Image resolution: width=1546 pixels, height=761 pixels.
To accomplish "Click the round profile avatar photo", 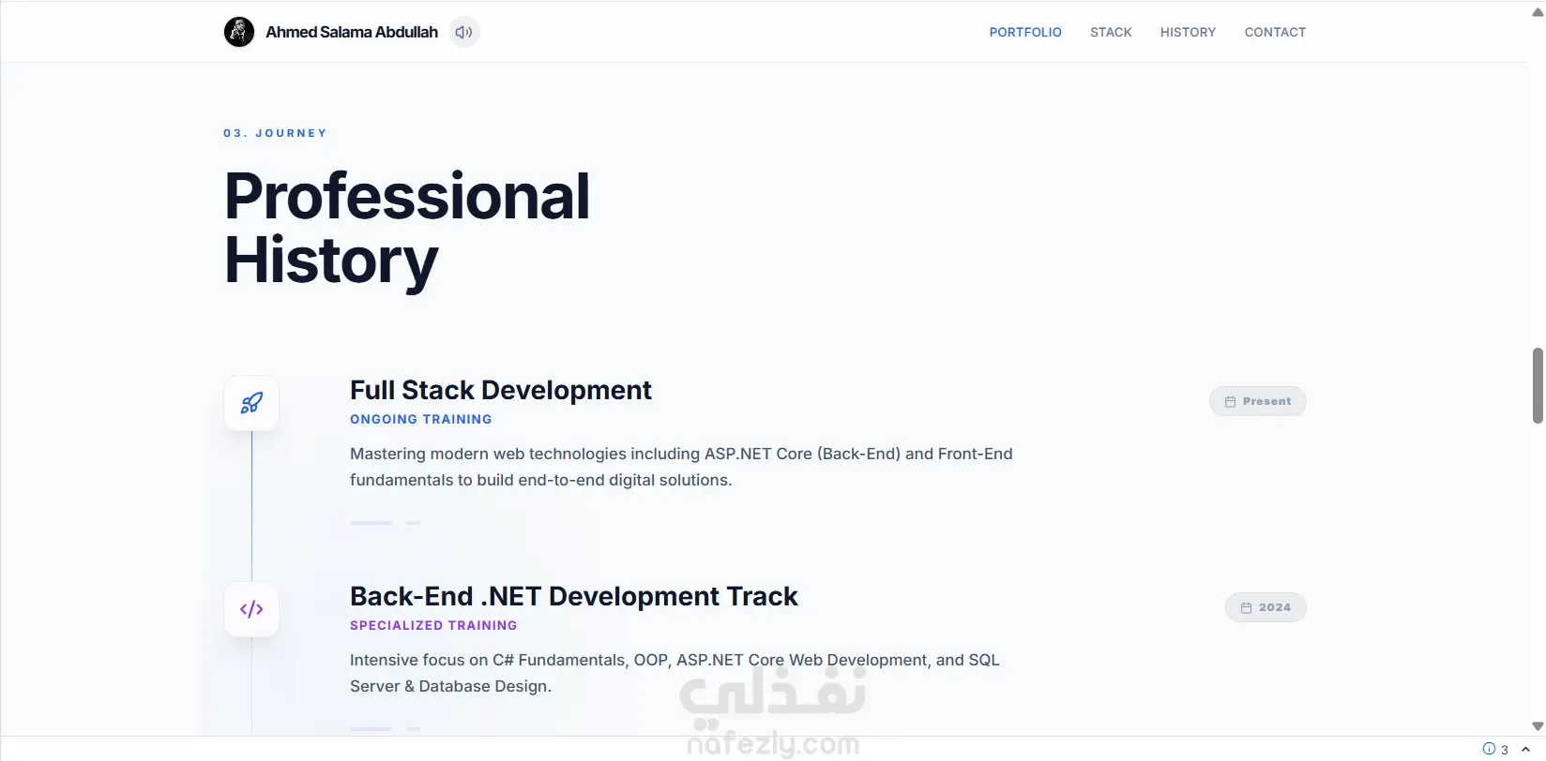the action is click(x=239, y=32).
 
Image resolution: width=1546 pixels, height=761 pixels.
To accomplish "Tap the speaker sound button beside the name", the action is click(x=463, y=32).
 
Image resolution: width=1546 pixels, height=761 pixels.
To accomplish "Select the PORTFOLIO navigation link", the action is click(x=1025, y=33).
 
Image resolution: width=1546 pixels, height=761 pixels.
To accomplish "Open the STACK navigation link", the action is click(x=1111, y=33).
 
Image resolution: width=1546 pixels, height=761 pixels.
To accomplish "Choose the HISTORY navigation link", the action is click(x=1187, y=33).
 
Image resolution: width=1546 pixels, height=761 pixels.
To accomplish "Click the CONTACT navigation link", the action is click(x=1275, y=33).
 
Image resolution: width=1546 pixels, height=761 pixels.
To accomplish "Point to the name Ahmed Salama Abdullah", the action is click(x=351, y=33).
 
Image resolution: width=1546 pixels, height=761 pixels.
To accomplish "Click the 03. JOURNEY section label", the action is click(x=275, y=133).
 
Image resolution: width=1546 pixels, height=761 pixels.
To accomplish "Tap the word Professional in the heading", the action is click(x=406, y=197).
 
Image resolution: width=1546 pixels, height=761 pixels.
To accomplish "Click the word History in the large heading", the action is click(x=330, y=261).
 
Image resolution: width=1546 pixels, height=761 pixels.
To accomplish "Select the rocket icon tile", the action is click(x=251, y=403).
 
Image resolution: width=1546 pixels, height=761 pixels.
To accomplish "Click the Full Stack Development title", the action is click(x=500, y=390).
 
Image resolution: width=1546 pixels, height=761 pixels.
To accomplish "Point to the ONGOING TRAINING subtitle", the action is click(x=420, y=419).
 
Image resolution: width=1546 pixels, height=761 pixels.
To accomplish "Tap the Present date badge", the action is click(x=1257, y=401).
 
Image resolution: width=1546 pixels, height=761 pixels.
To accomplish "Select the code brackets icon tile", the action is click(x=251, y=609).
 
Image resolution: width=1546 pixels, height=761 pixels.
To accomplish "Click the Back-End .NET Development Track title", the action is click(x=573, y=596).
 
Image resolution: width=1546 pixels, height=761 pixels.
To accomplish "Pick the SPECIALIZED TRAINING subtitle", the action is click(x=433, y=625).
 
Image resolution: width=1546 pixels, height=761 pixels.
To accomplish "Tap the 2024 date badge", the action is click(x=1266, y=607).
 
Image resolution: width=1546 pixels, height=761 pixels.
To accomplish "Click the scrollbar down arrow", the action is click(x=1537, y=725).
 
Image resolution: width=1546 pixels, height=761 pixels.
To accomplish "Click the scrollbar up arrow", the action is click(x=1537, y=12).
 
